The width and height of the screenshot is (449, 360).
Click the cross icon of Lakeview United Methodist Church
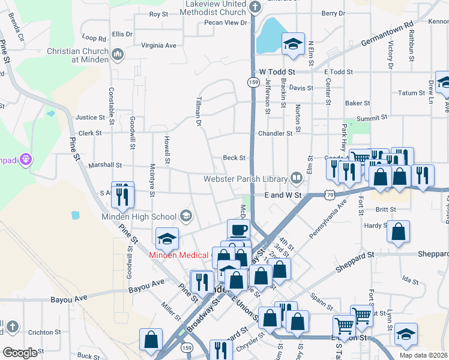point(256,8)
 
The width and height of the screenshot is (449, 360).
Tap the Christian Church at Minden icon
point(117,55)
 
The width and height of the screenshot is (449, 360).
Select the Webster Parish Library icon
point(296,178)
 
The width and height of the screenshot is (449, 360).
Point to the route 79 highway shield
point(330,194)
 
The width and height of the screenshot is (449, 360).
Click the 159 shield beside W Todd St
point(252,81)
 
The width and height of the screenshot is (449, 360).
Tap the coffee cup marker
point(238,229)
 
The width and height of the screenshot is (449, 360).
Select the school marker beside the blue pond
point(294,44)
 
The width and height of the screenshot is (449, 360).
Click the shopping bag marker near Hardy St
point(398,232)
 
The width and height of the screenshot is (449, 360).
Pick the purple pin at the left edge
point(25,160)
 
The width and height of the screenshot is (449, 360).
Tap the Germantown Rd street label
point(388,35)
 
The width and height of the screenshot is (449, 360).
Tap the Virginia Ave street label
point(158,45)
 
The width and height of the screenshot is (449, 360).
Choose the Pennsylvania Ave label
point(328,219)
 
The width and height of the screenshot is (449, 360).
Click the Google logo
point(20,352)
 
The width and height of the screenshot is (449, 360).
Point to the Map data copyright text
point(423,355)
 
